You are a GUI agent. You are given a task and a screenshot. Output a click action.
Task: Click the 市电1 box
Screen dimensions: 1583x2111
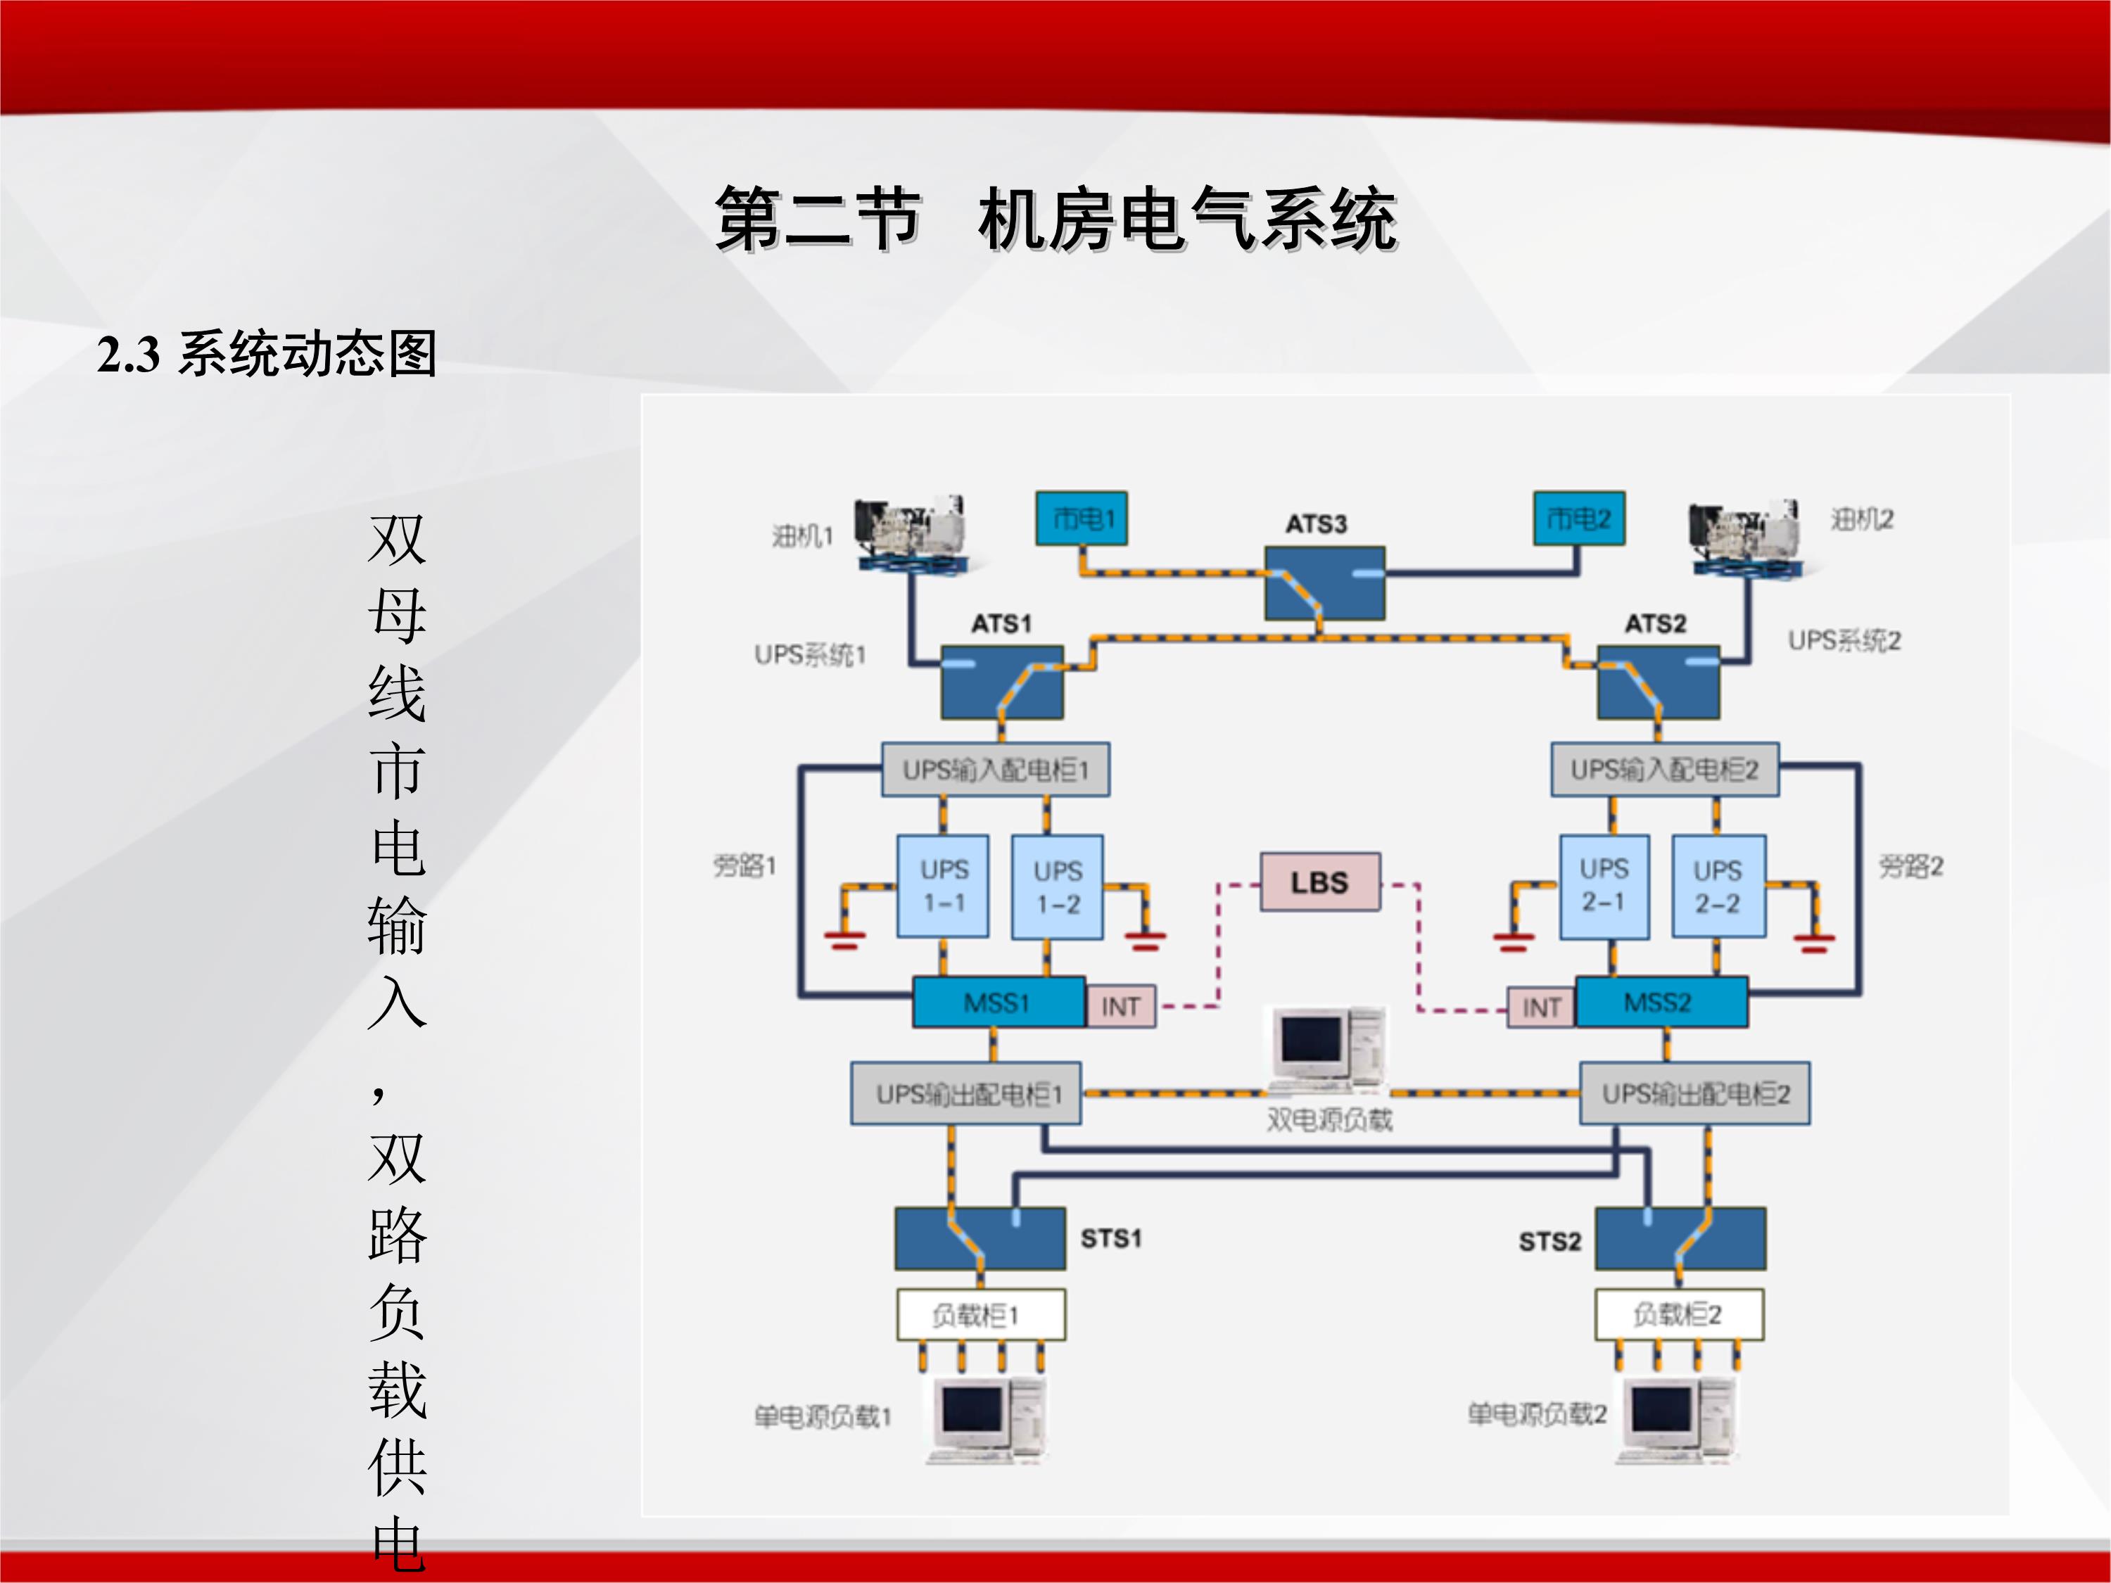(x=1082, y=518)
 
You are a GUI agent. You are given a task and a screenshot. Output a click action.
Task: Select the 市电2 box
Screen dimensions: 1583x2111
(x=1578, y=518)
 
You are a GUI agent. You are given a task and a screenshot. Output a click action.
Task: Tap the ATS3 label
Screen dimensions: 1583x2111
(x=1316, y=524)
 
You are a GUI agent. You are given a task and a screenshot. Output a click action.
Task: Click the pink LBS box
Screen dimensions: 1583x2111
(x=1320, y=882)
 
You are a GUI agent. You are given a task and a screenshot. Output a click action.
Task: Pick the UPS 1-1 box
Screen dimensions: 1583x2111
(x=943, y=886)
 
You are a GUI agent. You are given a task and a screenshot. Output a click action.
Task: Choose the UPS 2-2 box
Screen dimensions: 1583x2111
(x=1718, y=886)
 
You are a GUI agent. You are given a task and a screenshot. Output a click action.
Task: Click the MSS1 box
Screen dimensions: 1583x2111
(x=997, y=1002)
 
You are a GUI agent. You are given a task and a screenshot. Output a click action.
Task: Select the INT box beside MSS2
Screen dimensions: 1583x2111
(x=1541, y=1007)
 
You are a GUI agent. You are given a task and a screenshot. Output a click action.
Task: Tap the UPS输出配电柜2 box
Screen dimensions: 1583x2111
(x=1695, y=1093)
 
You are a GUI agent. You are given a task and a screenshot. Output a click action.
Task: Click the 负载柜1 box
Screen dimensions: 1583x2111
(x=980, y=1316)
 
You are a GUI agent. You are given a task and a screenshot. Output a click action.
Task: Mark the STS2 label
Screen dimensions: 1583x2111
(x=1550, y=1241)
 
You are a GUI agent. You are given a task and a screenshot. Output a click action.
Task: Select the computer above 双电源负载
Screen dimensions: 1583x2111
(x=1329, y=1049)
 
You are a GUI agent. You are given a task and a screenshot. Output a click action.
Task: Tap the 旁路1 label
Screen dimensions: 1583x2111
(x=745, y=865)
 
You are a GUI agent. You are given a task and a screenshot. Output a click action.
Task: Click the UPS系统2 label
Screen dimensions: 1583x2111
(x=1844, y=640)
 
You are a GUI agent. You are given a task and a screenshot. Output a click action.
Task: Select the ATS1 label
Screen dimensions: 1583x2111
(x=1001, y=624)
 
